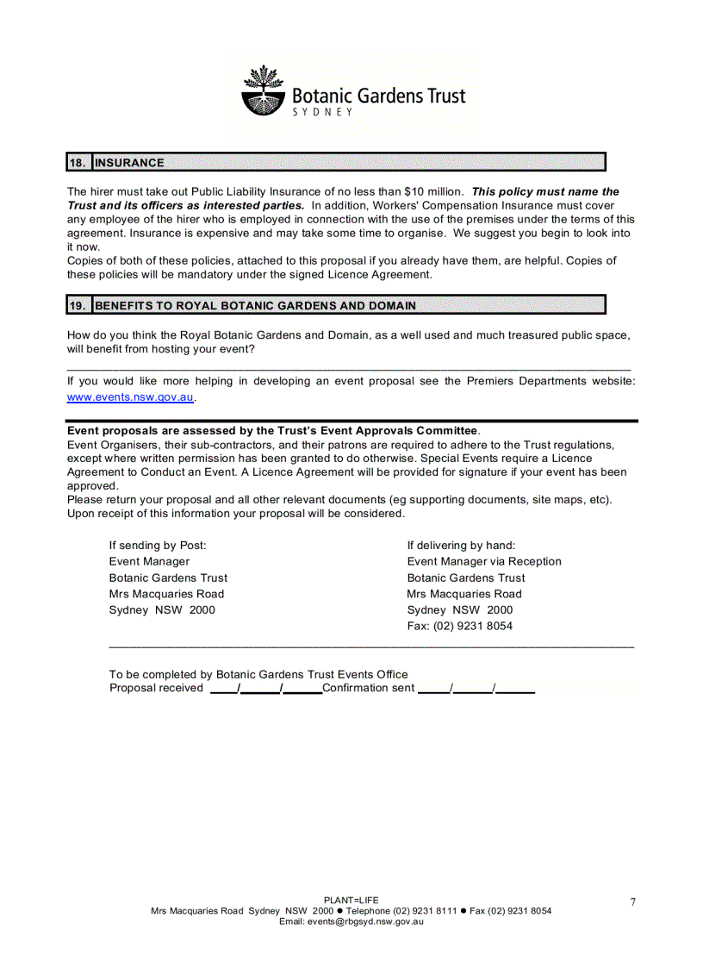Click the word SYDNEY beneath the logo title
(323, 113)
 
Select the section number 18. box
(78, 162)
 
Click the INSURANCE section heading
(129, 162)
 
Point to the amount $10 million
(434, 191)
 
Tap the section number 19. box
(78, 305)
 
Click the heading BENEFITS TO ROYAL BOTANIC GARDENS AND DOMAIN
(255, 305)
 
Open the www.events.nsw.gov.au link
(131, 397)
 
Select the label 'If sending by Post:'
(158, 545)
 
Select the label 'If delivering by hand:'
(461, 545)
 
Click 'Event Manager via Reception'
(484, 561)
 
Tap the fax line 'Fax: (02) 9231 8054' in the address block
(459, 626)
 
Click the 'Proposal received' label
(156, 688)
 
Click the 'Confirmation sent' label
(368, 688)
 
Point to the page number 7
(632, 902)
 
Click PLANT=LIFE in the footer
(351, 900)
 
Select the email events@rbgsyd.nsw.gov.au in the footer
(351, 921)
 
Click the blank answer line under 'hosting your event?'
(349, 367)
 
